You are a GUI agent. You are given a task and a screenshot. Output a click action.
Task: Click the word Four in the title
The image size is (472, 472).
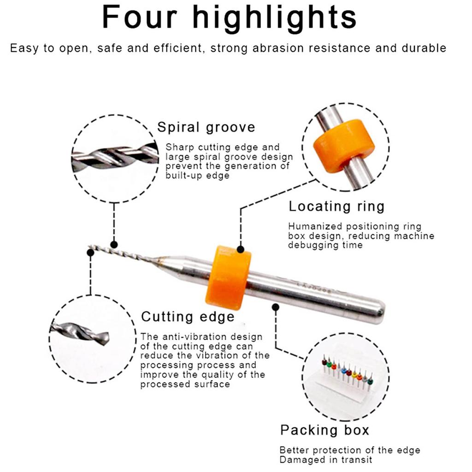pos(139,18)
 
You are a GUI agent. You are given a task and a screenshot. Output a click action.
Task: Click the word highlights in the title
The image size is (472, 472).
pos(274,18)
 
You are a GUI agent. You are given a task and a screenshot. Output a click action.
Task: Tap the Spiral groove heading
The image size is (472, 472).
pos(206,127)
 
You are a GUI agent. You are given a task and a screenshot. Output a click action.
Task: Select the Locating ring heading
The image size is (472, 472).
pos(336,206)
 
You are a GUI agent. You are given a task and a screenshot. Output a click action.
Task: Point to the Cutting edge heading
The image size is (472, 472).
pos(188,317)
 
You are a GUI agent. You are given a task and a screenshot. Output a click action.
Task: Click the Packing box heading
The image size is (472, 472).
pos(324,430)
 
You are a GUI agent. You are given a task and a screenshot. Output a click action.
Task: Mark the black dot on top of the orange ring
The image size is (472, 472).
pos(241,249)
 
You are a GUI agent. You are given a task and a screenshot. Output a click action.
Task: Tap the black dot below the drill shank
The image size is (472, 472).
pos(275,307)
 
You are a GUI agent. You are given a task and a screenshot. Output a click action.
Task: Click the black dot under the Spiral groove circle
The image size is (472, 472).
pos(114,244)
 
